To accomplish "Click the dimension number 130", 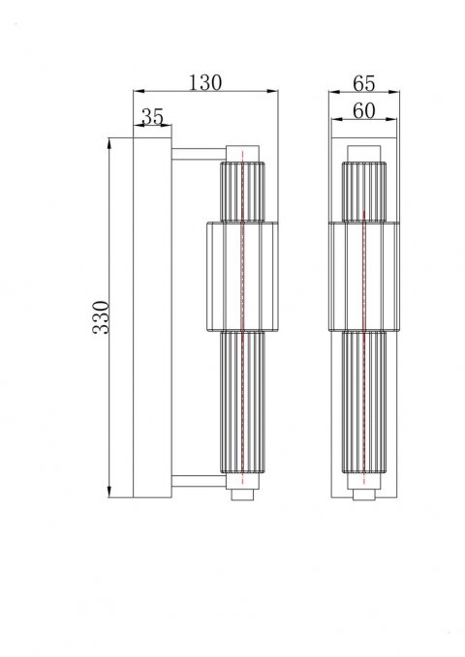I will (205, 83).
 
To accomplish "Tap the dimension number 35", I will (152, 116).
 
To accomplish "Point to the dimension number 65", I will (365, 83).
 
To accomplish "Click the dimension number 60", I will (364, 112).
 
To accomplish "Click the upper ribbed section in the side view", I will (242, 191).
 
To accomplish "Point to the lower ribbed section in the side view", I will (242, 406).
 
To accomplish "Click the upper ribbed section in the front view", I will (363, 191).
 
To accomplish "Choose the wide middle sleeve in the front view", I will (363, 275).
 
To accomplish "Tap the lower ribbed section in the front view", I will (363, 406).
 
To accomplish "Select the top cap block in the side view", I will (242, 152).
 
